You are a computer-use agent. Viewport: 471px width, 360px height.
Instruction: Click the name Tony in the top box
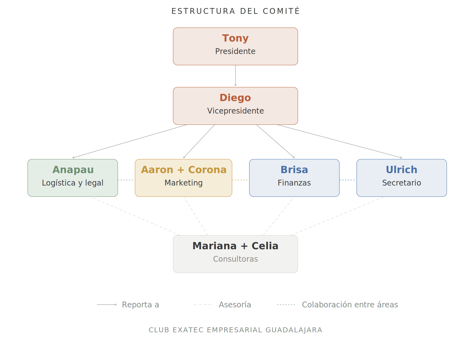point(235,38)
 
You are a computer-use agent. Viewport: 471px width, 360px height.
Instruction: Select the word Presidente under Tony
point(235,51)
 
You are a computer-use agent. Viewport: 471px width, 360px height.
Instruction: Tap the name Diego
point(235,98)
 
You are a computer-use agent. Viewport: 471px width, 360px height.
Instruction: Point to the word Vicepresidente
point(235,111)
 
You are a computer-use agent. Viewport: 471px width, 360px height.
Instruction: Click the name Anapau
point(73,170)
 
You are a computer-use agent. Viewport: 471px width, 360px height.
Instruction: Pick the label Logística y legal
point(73,183)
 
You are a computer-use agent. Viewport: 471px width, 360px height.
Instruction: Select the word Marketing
point(183,183)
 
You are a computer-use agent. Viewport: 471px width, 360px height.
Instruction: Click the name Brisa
point(294,170)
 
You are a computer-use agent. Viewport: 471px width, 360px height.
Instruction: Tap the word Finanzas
point(294,183)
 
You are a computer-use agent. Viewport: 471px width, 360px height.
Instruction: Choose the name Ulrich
point(401,170)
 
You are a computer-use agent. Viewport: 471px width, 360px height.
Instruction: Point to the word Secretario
point(401,183)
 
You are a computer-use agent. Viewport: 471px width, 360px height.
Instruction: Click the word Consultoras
point(235,259)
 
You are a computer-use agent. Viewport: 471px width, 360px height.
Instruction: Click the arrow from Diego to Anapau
point(130,141)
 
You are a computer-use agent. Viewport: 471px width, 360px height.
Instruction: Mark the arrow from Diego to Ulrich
point(339,141)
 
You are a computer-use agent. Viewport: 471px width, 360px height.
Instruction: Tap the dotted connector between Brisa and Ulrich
point(348,180)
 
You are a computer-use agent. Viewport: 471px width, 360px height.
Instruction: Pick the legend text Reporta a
point(140,305)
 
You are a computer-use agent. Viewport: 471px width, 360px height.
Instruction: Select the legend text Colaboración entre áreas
point(350,305)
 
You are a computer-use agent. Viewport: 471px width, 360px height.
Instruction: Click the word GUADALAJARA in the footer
point(294,330)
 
